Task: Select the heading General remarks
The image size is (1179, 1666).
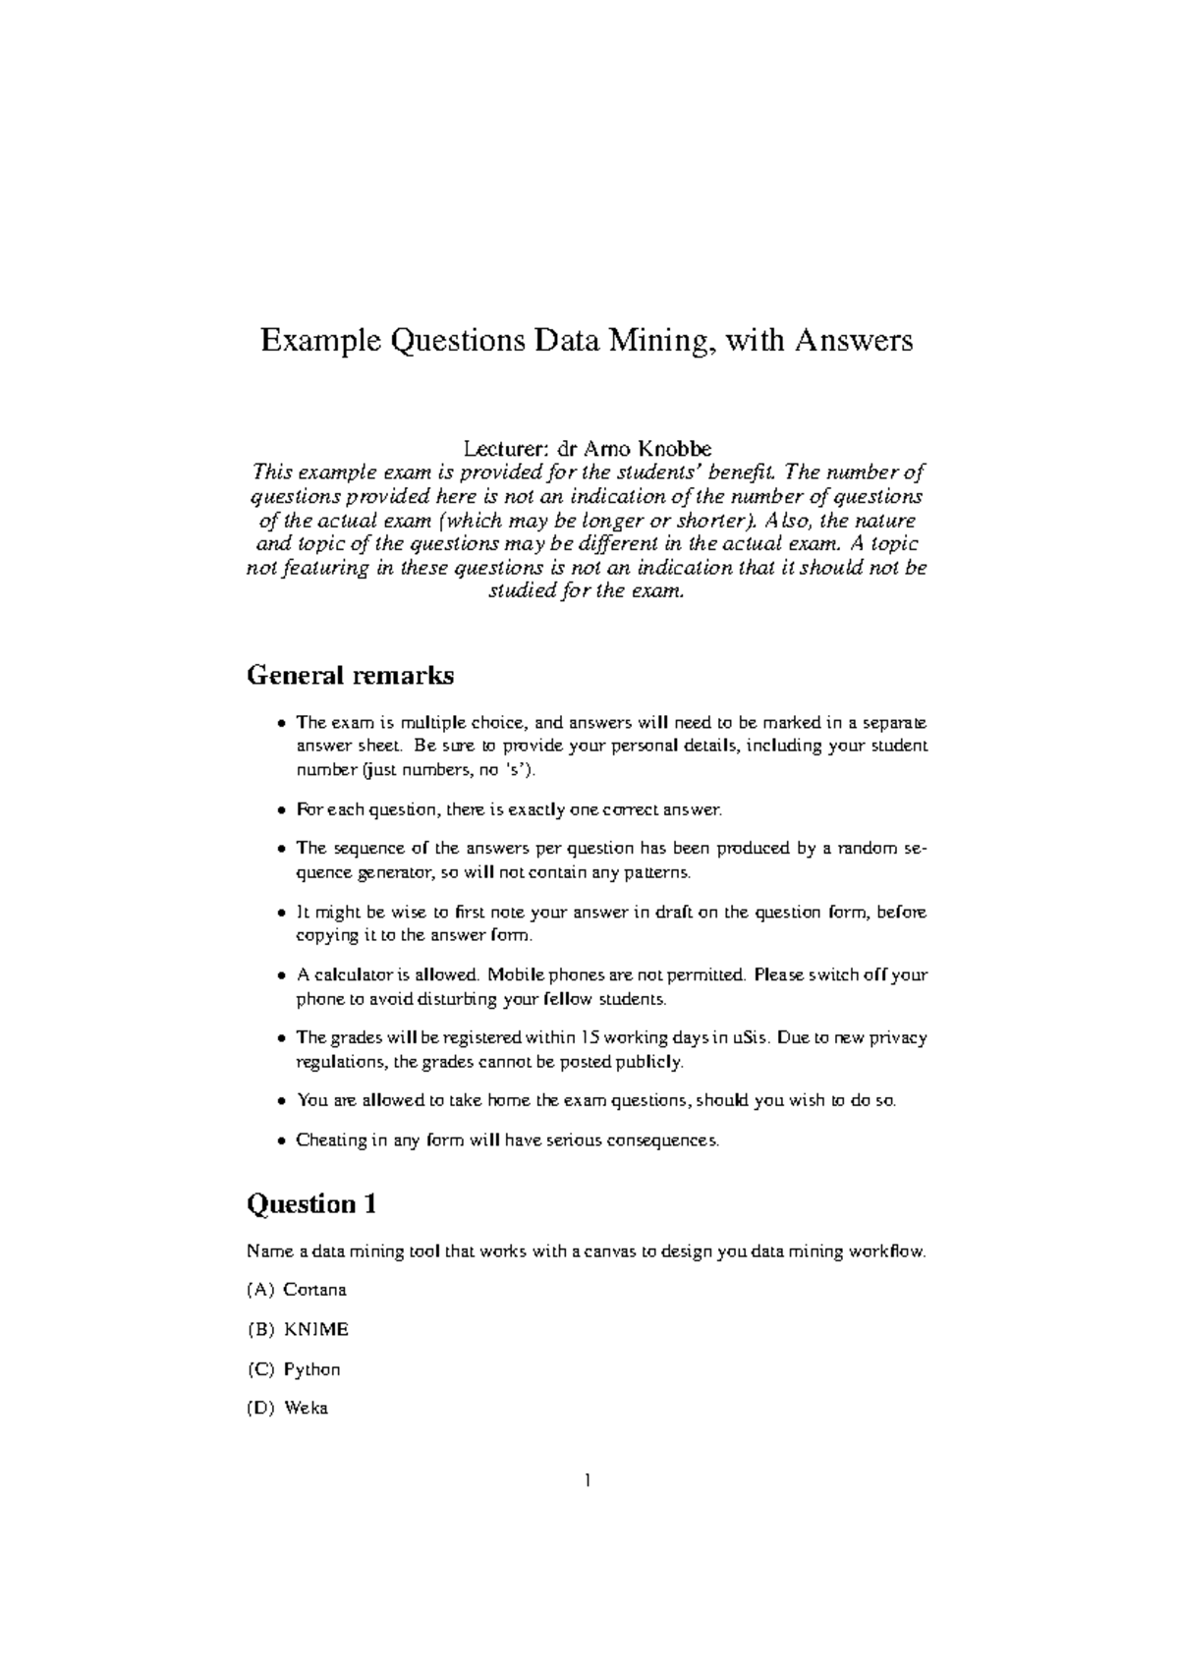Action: (x=350, y=676)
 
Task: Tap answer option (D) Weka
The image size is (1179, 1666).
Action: (x=306, y=1409)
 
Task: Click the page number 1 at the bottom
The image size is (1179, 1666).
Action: (x=588, y=1480)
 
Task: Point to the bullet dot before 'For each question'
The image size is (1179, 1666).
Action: (x=282, y=811)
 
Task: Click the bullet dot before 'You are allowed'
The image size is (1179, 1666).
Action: (x=282, y=1102)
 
